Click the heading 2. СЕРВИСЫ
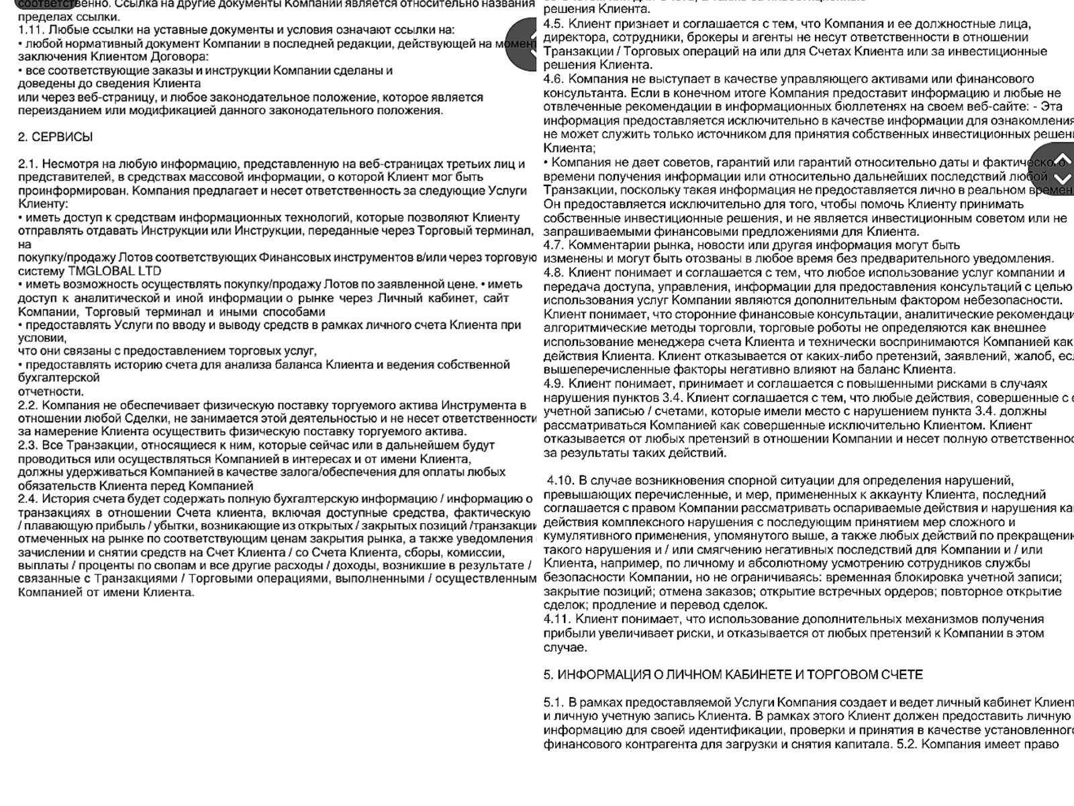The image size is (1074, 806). coord(55,137)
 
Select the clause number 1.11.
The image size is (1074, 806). coord(30,30)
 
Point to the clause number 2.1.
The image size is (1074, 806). coord(28,164)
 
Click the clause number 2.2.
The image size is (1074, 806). coord(28,405)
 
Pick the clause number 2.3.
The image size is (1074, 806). coord(28,445)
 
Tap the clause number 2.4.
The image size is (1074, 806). coord(28,499)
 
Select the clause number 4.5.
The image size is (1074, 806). coord(554,24)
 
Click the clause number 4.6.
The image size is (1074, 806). coord(554,79)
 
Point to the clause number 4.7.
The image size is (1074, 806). coord(554,245)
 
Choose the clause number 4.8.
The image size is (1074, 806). coord(554,273)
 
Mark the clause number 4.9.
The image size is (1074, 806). coord(554,384)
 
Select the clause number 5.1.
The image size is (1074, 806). coord(554,702)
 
